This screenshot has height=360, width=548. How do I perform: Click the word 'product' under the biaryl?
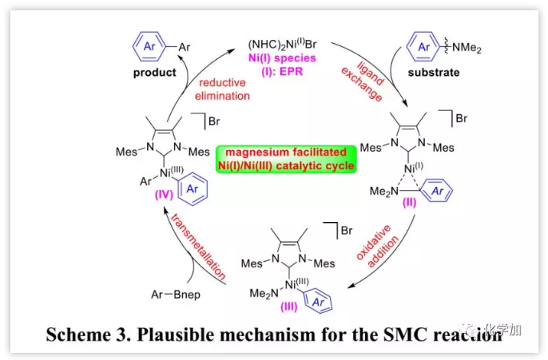point(154,73)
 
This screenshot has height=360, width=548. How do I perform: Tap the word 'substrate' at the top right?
point(434,73)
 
